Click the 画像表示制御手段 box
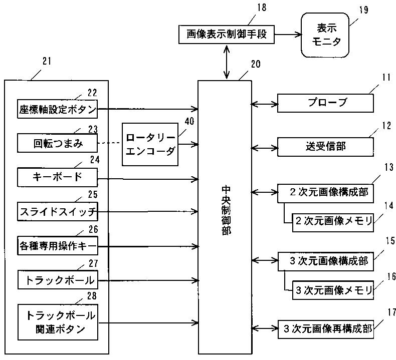[x=226, y=35]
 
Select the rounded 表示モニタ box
[x=325, y=35]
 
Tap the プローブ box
[x=325, y=103]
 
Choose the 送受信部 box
[x=325, y=147]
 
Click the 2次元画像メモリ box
[x=333, y=223]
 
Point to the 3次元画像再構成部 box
[x=325, y=329]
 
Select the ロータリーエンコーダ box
[x=150, y=144]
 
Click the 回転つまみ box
[x=57, y=143]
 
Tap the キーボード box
[x=57, y=177]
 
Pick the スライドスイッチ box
[x=58, y=211]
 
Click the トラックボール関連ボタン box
[x=58, y=322]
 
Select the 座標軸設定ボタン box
[x=57, y=109]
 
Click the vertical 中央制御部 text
[x=226, y=211]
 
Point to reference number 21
[x=47, y=61]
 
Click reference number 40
[x=189, y=121]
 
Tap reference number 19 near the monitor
[x=364, y=10]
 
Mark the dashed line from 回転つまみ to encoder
[x=110, y=143]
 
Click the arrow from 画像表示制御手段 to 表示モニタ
[x=288, y=35]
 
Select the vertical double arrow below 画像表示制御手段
[x=227, y=62]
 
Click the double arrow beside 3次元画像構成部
[x=265, y=260]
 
